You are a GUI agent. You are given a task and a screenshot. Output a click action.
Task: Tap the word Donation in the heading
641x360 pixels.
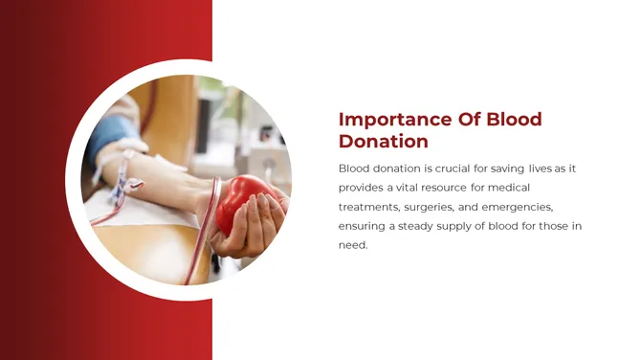(384, 142)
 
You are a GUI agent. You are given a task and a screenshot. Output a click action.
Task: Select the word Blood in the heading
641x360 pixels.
(514, 120)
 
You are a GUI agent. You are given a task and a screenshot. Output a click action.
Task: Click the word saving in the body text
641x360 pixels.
(507, 169)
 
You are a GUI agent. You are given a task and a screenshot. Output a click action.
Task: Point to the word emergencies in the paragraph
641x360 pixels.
(520, 207)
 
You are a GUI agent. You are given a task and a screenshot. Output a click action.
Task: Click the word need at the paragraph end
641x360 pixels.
(353, 245)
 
